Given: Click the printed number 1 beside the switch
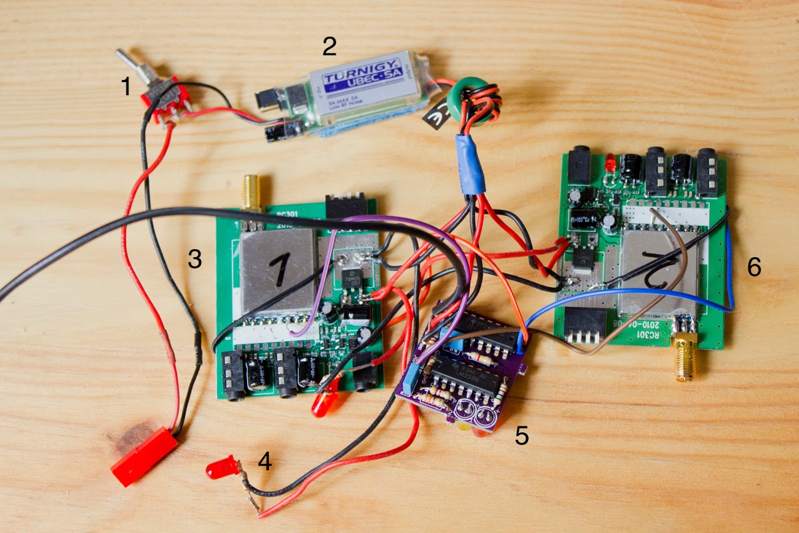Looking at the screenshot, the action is point(125,87).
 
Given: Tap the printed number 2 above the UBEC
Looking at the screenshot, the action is point(329,47).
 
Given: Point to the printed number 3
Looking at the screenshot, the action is point(194,259).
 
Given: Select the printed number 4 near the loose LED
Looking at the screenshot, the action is point(265,460).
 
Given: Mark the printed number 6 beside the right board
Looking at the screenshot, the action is point(753,267).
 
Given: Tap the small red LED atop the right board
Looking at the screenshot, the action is point(609,161).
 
